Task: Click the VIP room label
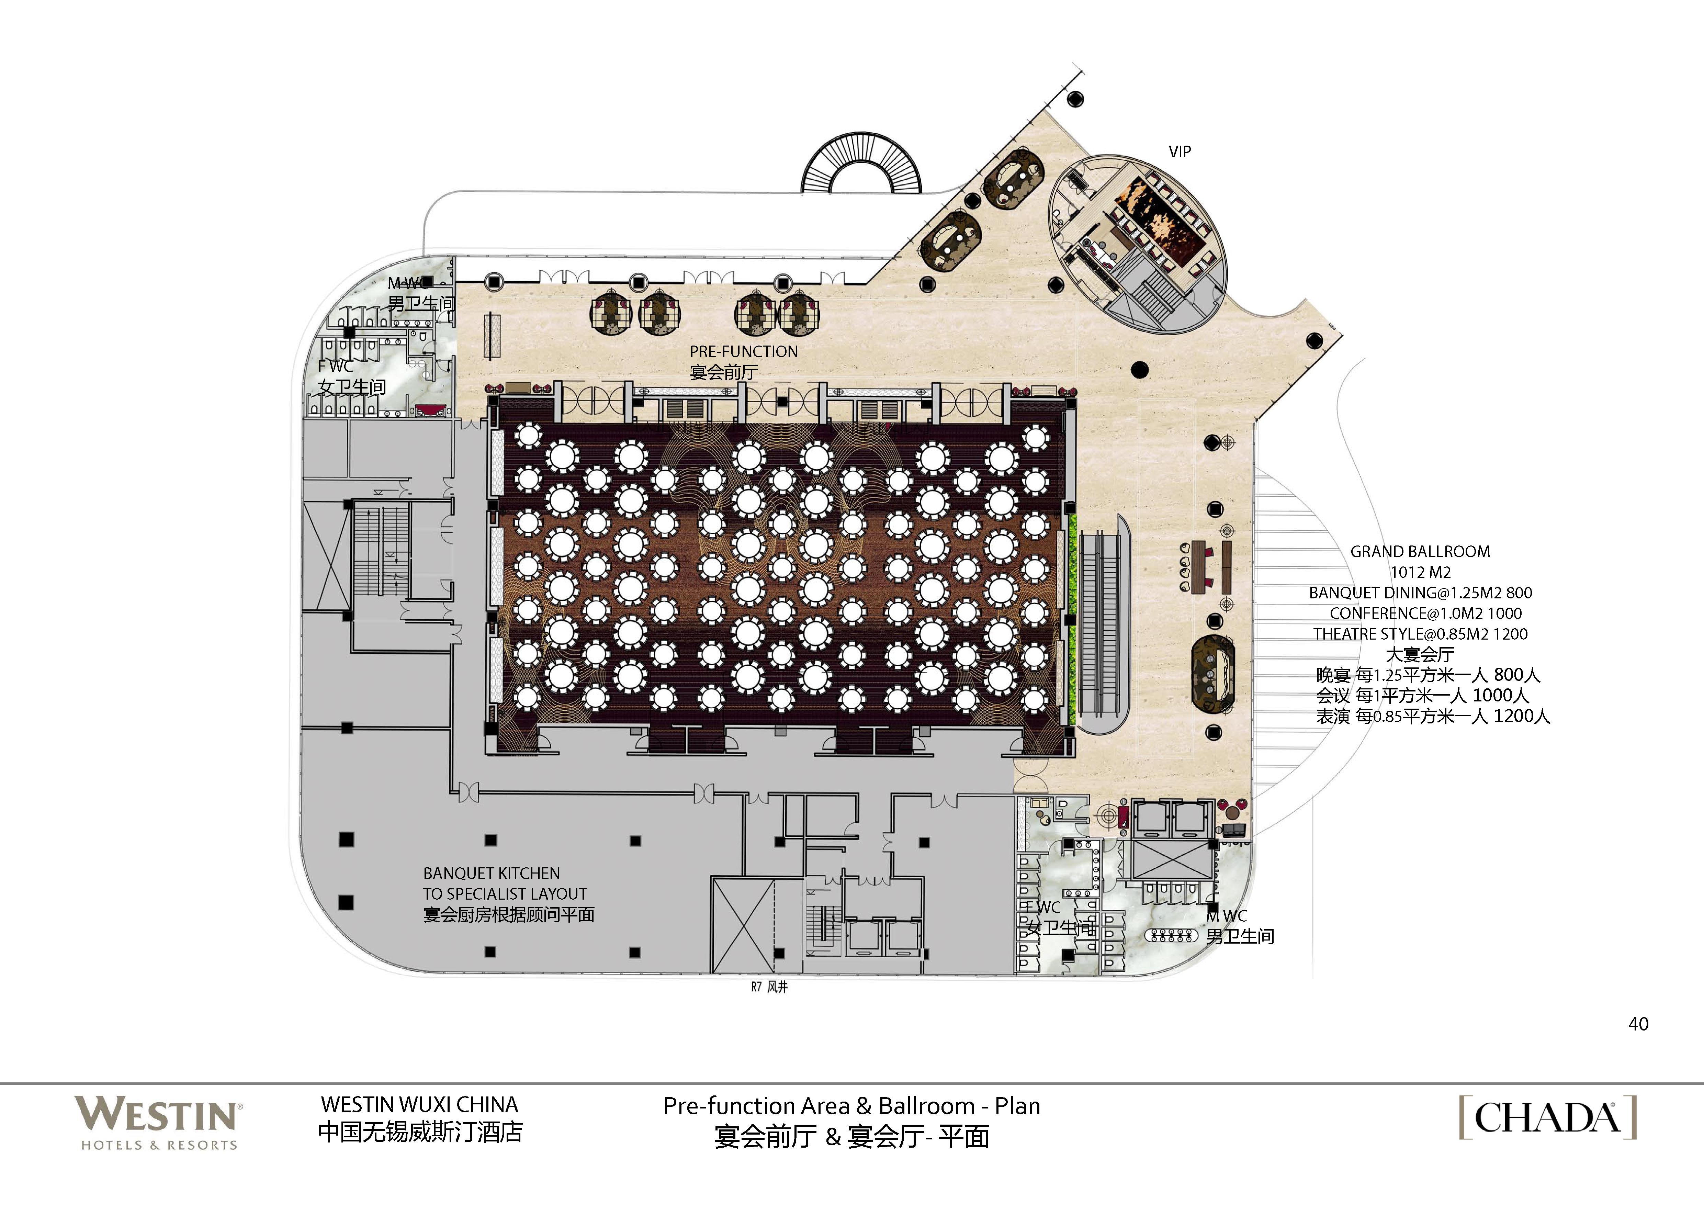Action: tap(1179, 151)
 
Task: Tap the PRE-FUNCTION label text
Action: tap(744, 352)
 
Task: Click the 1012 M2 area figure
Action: tap(1420, 572)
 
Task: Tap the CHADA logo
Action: tap(1547, 1117)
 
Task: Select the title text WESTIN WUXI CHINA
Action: tap(419, 1104)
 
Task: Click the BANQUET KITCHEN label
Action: tap(491, 873)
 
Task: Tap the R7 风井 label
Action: tap(769, 987)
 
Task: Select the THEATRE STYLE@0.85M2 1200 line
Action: tap(1420, 634)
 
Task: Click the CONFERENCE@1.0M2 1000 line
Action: tap(1425, 613)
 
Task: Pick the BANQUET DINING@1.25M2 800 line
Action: tap(1420, 593)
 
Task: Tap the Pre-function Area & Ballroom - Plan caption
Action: tap(851, 1106)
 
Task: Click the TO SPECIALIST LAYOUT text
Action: tap(505, 894)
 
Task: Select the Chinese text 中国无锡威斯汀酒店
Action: tap(420, 1131)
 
